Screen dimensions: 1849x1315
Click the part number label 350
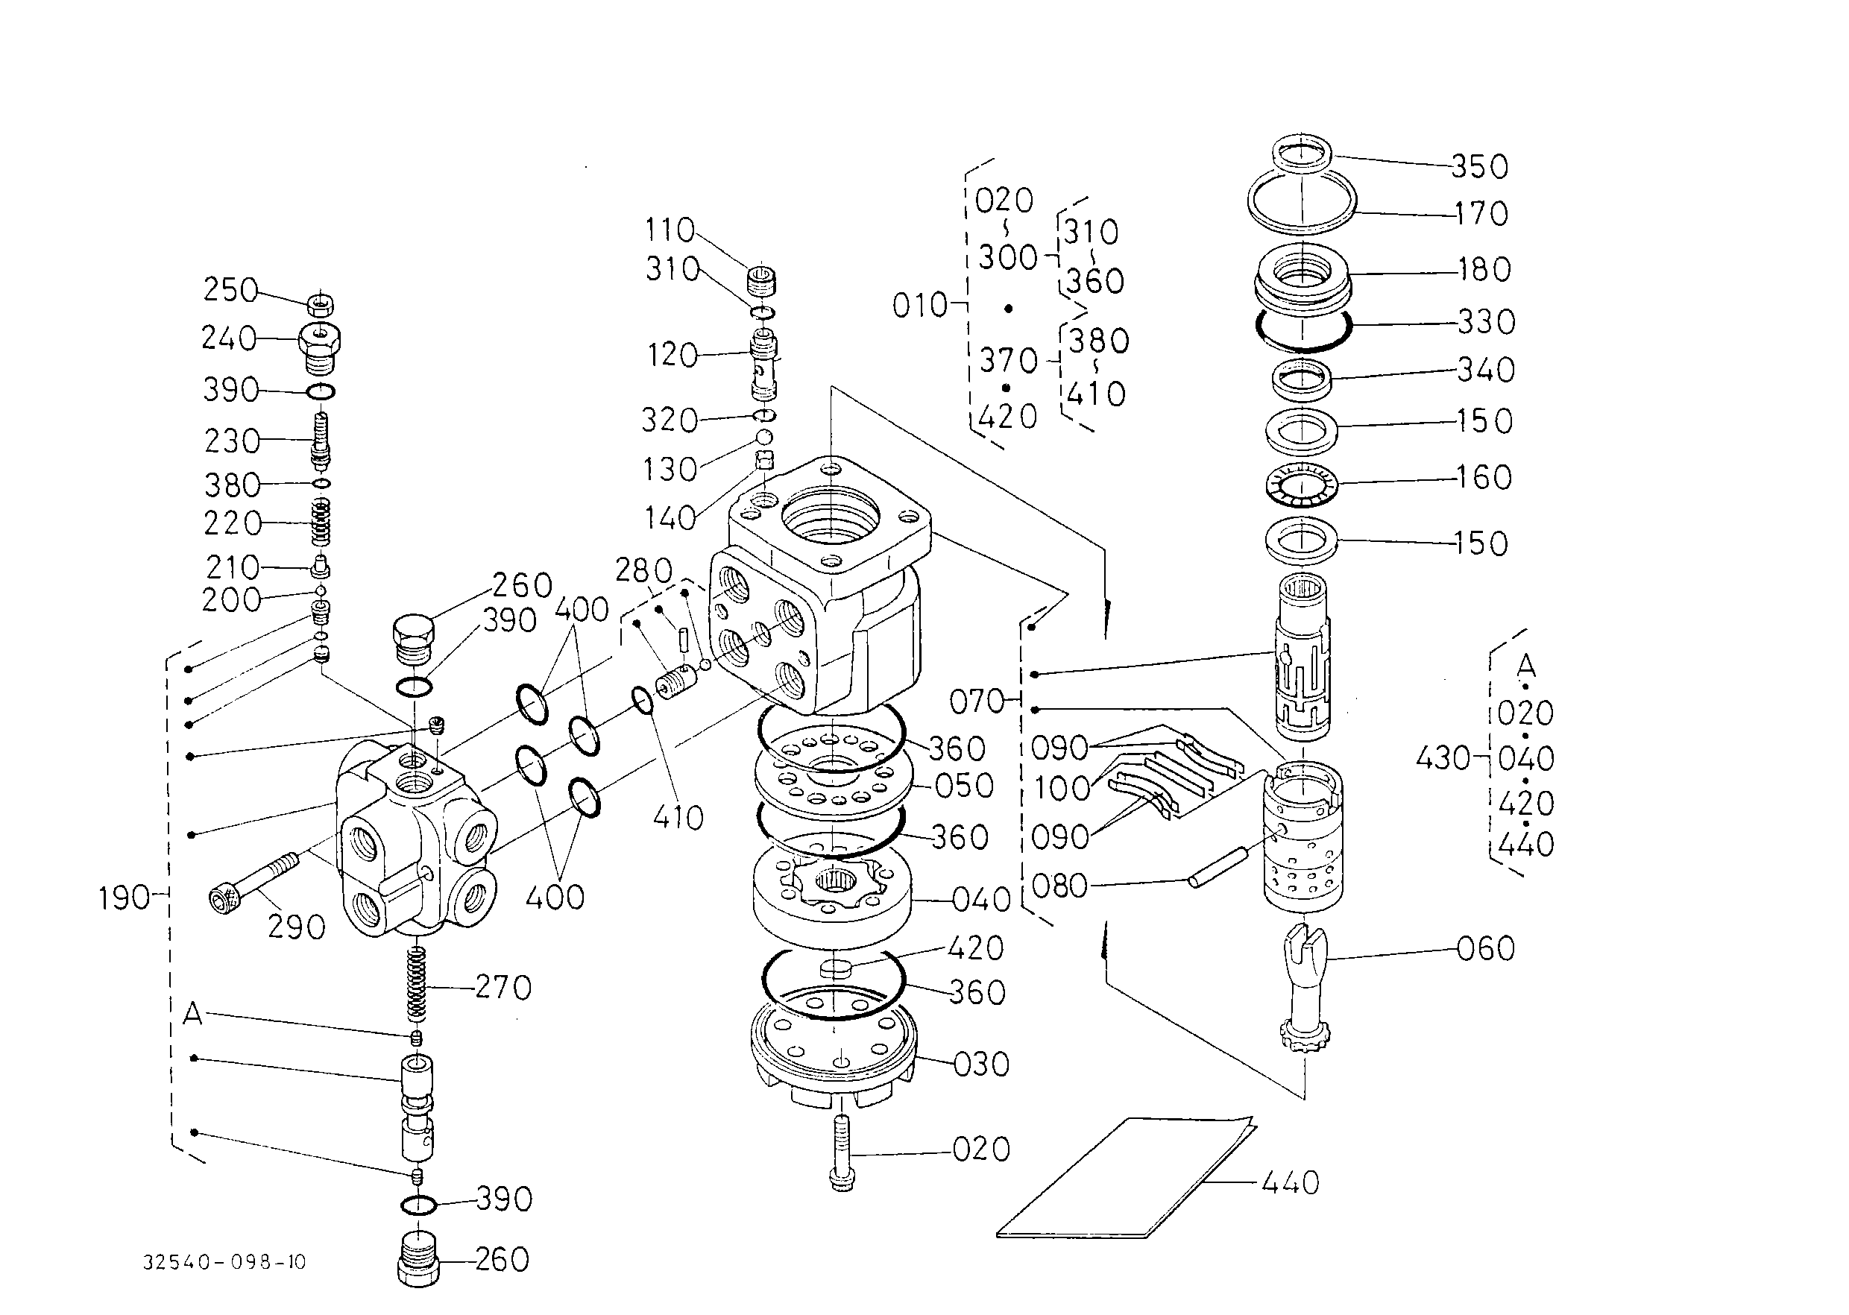coord(1479,167)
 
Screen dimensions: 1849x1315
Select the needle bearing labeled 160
coord(1301,485)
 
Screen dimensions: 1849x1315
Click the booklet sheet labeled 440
coord(1126,1178)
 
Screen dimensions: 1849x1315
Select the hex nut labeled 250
coord(321,303)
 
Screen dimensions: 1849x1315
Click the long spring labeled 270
coord(415,984)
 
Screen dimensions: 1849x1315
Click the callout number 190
coord(125,898)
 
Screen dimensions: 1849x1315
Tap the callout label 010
coord(919,306)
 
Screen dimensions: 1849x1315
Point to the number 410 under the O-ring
coord(678,818)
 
